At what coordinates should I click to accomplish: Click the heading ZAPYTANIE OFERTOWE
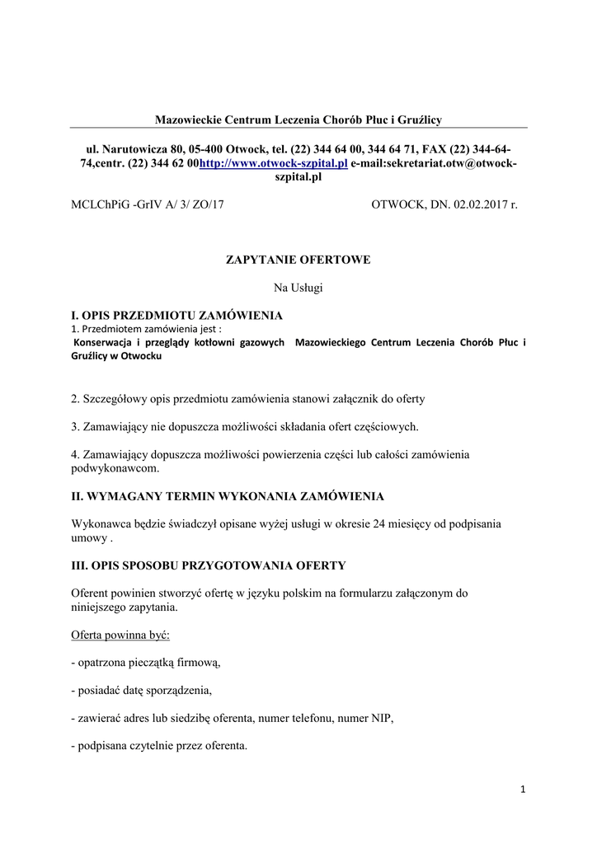(x=298, y=260)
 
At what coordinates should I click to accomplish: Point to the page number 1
(x=523, y=790)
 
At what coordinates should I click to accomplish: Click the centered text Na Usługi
(x=298, y=288)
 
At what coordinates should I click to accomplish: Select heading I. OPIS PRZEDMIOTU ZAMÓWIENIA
(x=177, y=316)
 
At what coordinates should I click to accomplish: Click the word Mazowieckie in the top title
(x=191, y=120)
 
